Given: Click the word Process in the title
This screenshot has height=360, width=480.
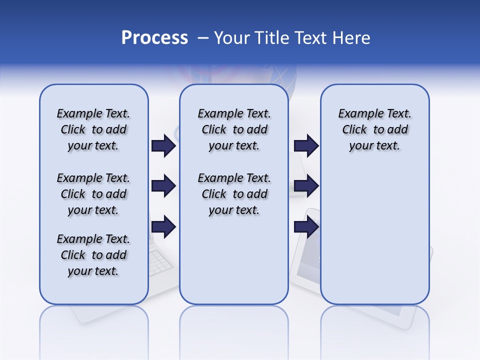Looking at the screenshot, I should point(154,38).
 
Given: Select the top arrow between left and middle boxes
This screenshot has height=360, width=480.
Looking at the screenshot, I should point(163,145).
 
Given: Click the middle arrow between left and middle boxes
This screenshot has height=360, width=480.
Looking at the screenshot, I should point(163,186).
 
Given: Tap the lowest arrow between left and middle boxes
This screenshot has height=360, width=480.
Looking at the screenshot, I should point(163,227).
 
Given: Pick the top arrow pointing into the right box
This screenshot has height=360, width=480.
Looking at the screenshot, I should point(306,145).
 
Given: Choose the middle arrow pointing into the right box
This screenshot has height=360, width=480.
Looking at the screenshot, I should point(306,186).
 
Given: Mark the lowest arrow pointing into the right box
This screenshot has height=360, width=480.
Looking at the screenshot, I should point(306,227).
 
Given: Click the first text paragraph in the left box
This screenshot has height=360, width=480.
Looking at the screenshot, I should point(93,129).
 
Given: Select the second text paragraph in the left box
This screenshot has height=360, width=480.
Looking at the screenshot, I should point(93,194).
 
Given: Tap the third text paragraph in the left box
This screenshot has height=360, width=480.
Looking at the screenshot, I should point(93,255).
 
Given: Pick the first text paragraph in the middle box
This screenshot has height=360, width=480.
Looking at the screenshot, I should point(234,129).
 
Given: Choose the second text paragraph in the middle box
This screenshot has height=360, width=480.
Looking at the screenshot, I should point(234,194).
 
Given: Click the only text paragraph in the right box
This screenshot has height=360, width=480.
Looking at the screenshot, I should point(374,129).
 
